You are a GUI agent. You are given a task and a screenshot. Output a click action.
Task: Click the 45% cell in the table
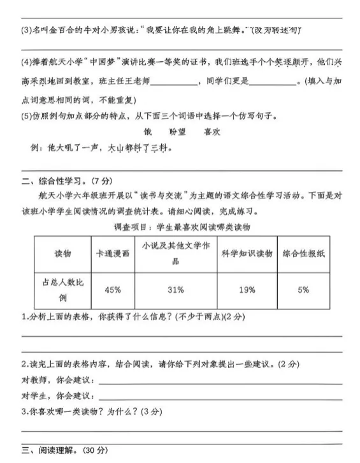[x=112, y=290]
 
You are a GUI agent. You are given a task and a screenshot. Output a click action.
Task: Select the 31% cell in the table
[x=175, y=290]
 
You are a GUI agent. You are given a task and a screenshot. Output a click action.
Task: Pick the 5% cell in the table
[x=303, y=290]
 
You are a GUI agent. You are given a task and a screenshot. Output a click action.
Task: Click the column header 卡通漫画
[x=112, y=253]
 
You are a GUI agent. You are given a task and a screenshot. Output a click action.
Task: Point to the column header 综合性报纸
[x=303, y=253]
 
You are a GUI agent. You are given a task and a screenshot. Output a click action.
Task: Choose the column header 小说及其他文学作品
[x=175, y=253]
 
